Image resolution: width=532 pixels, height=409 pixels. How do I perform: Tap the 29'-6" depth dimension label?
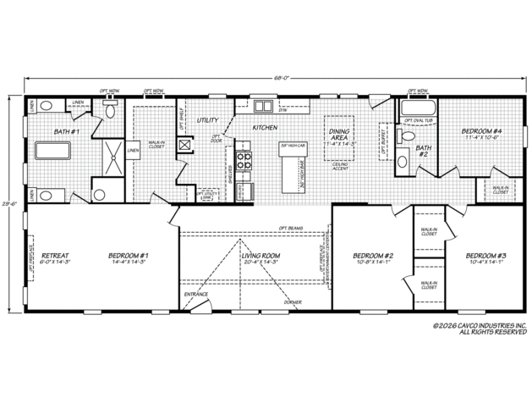(8, 204)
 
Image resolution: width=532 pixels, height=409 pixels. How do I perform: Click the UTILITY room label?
(207, 120)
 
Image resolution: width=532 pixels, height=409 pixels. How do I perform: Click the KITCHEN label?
(264, 128)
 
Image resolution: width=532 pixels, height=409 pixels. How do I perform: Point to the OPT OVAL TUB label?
(420, 120)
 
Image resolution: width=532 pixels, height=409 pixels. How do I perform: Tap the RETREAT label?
(55, 255)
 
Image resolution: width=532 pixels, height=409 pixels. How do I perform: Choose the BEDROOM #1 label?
(129, 255)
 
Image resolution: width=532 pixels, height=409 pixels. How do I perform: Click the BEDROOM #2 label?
(373, 255)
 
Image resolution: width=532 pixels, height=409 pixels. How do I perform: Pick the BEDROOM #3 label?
(485, 255)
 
